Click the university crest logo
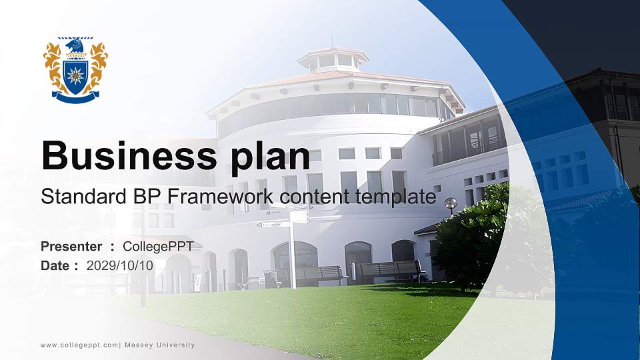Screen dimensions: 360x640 point(75,70)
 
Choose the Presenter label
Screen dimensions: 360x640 point(71,246)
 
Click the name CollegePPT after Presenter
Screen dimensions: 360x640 point(158,246)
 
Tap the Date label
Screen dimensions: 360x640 point(55,265)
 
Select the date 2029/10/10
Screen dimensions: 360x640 point(120,265)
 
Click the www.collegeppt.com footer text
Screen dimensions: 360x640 point(79,345)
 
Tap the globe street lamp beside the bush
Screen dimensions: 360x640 point(451,203)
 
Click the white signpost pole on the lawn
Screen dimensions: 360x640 point(292,253)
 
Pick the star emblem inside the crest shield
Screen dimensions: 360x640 point(75,75)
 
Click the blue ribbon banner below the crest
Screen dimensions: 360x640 point(75,98)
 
